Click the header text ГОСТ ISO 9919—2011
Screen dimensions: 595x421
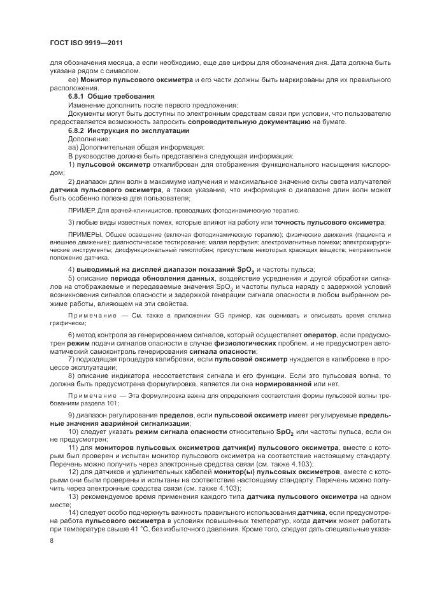pos(86,43)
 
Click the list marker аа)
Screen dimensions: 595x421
pos(73,146)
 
